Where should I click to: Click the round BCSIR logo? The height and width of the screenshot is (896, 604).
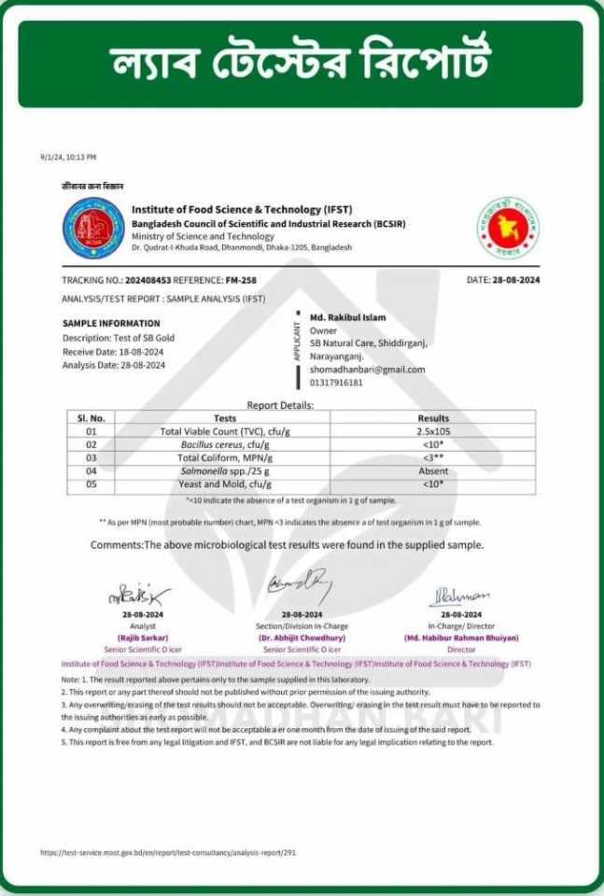click(92, 229)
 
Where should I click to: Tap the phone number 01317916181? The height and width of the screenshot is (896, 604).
click(338, 382)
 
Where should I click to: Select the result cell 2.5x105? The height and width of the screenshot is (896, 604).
click(432, 431)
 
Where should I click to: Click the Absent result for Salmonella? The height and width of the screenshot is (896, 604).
click(432, 471)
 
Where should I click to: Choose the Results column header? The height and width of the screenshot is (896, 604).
click(432, 418)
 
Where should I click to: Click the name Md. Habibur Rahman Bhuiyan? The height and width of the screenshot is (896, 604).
click(461, 637)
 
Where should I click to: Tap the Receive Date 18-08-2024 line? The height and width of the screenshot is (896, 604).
click(115, 352)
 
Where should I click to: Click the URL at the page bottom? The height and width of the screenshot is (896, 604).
click(168, 852)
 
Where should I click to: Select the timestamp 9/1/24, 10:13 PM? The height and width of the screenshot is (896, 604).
click(68, 157)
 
